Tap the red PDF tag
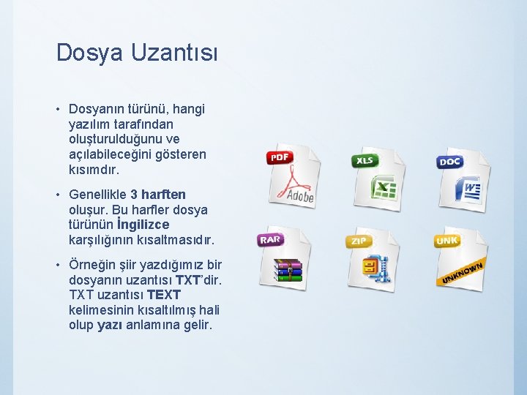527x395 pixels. (x=280, y=157)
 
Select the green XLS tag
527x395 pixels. (x=364, y=160)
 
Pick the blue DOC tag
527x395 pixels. (x=449, y=162)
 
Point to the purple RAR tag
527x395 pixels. (x=269, y=239)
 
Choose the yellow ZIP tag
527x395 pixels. (x=358, y=241)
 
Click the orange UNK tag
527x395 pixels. (x=446, y=240)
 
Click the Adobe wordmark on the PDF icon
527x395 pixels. (x=299, y=196)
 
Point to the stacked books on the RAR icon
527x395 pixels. (x=288, y=270)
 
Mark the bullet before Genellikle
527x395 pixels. (x=58, y=195)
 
